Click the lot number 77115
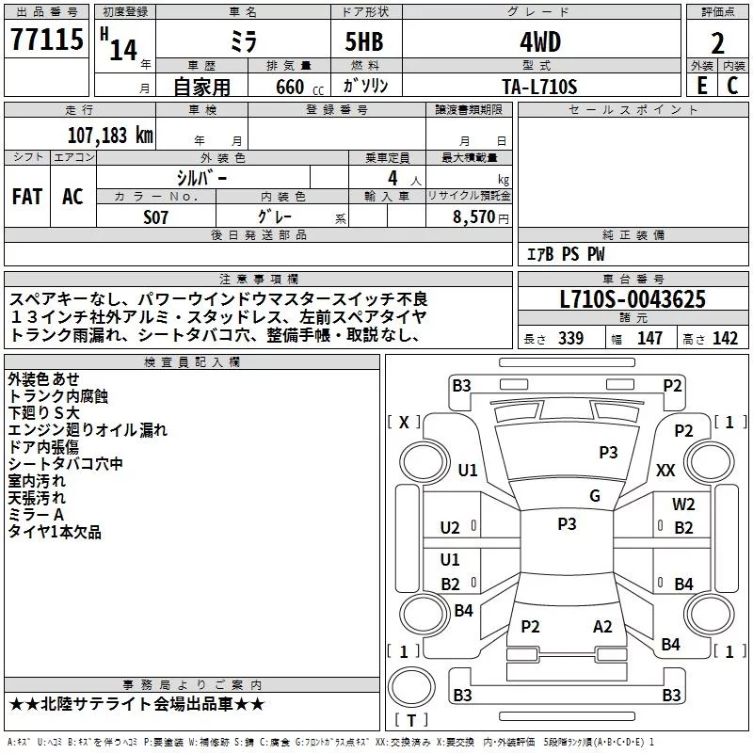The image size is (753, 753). pos(46,40)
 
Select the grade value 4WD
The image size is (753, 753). pos(540,42)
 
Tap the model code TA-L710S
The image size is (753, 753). pos(539,87)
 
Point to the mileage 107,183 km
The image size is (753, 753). pos(110,136)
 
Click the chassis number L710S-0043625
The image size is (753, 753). pos(633,299)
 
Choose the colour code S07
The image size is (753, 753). pos(155,217)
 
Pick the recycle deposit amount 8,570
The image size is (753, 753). pos(473,216)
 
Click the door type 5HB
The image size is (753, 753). pos(364,41)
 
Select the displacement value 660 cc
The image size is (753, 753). pos(299,87)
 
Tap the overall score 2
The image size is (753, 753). pos(717,43)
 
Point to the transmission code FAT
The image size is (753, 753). pos(27,197)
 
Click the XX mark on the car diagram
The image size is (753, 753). pos(665,470)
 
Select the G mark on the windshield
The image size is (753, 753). pos(595,495)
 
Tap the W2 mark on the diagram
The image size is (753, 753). pos(683,505)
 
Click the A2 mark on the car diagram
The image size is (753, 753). pos(602,627)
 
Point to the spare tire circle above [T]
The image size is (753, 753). pos(411,687)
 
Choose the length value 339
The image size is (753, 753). pos(570,339)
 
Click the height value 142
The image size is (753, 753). pos(725,339)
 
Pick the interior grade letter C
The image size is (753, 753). pos(732,86)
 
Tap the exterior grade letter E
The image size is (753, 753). pos(702,86)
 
